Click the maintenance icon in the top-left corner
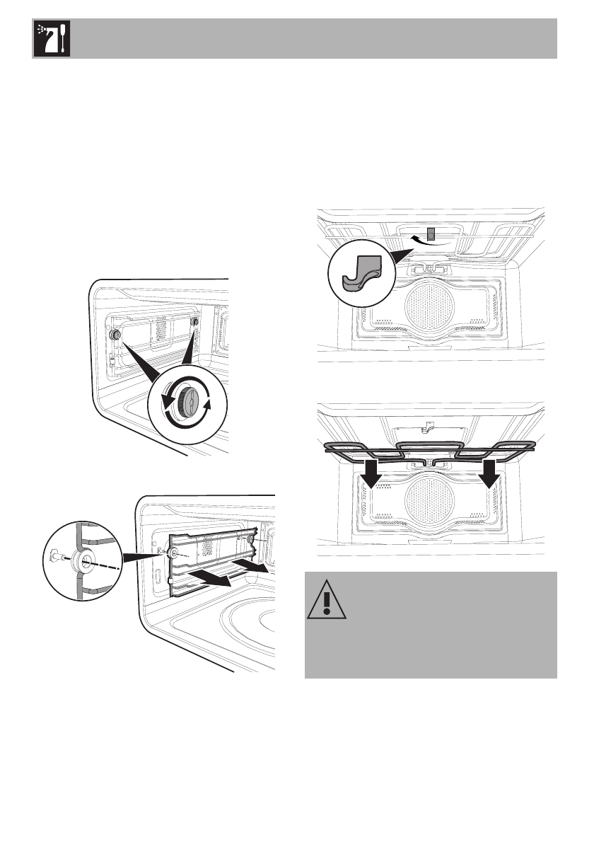[50, 39]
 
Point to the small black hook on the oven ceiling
[429, 233]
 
